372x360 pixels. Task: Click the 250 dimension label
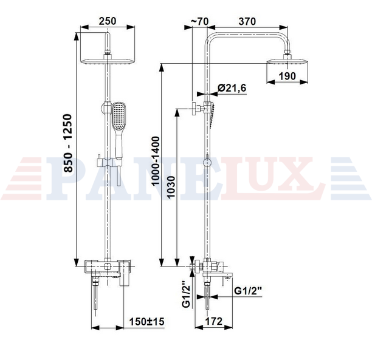click(x=108, y=21)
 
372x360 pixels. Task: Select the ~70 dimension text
click(x=199, y=21)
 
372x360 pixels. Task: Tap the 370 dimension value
click(x=247, y=21)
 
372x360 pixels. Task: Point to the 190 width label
click(x=287, y=76)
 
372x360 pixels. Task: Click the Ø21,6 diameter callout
click(x=232, y=88)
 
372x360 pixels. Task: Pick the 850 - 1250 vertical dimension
click(x=68, y=143)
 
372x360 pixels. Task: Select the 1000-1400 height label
click(x=156, y=161)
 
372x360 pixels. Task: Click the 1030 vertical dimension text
click(x=171, y=187)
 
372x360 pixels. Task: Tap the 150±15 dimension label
click(x=146, y=322)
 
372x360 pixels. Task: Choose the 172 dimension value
click(x=214, y=321)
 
